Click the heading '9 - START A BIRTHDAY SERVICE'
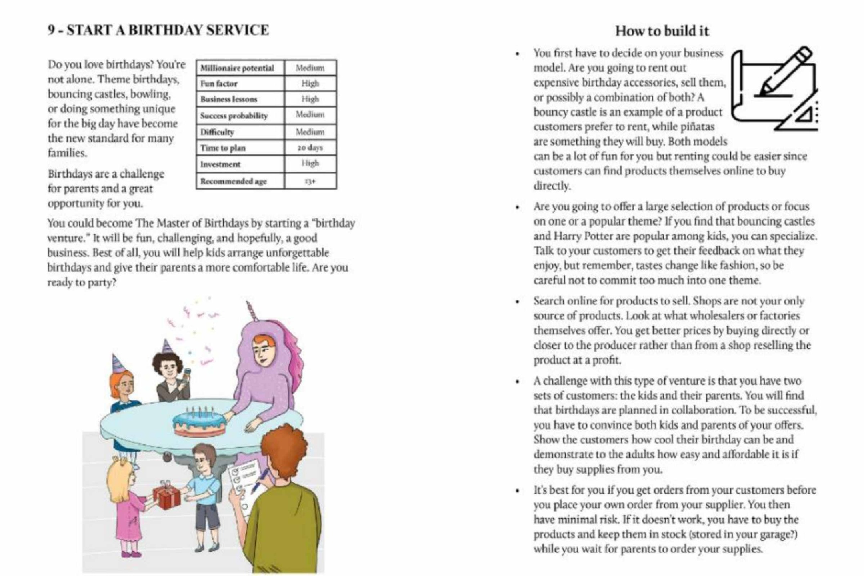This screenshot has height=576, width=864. tap(158, 30)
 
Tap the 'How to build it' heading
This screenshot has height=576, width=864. tap(662, 31)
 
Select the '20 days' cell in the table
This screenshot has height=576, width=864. tap(310, 148)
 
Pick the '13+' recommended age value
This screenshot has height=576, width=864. tap(310, 181)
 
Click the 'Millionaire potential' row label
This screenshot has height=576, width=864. tap(237, 68)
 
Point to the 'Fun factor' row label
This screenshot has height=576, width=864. tap(219, 84)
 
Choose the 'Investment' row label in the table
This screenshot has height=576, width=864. tap(220, 164)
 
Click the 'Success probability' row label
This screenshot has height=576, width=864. tap(234, 116)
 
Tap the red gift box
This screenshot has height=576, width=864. tap(167, 496)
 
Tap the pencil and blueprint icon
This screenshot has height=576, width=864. tap(774, 89)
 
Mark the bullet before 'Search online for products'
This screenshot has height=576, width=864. tap(518, 302)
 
